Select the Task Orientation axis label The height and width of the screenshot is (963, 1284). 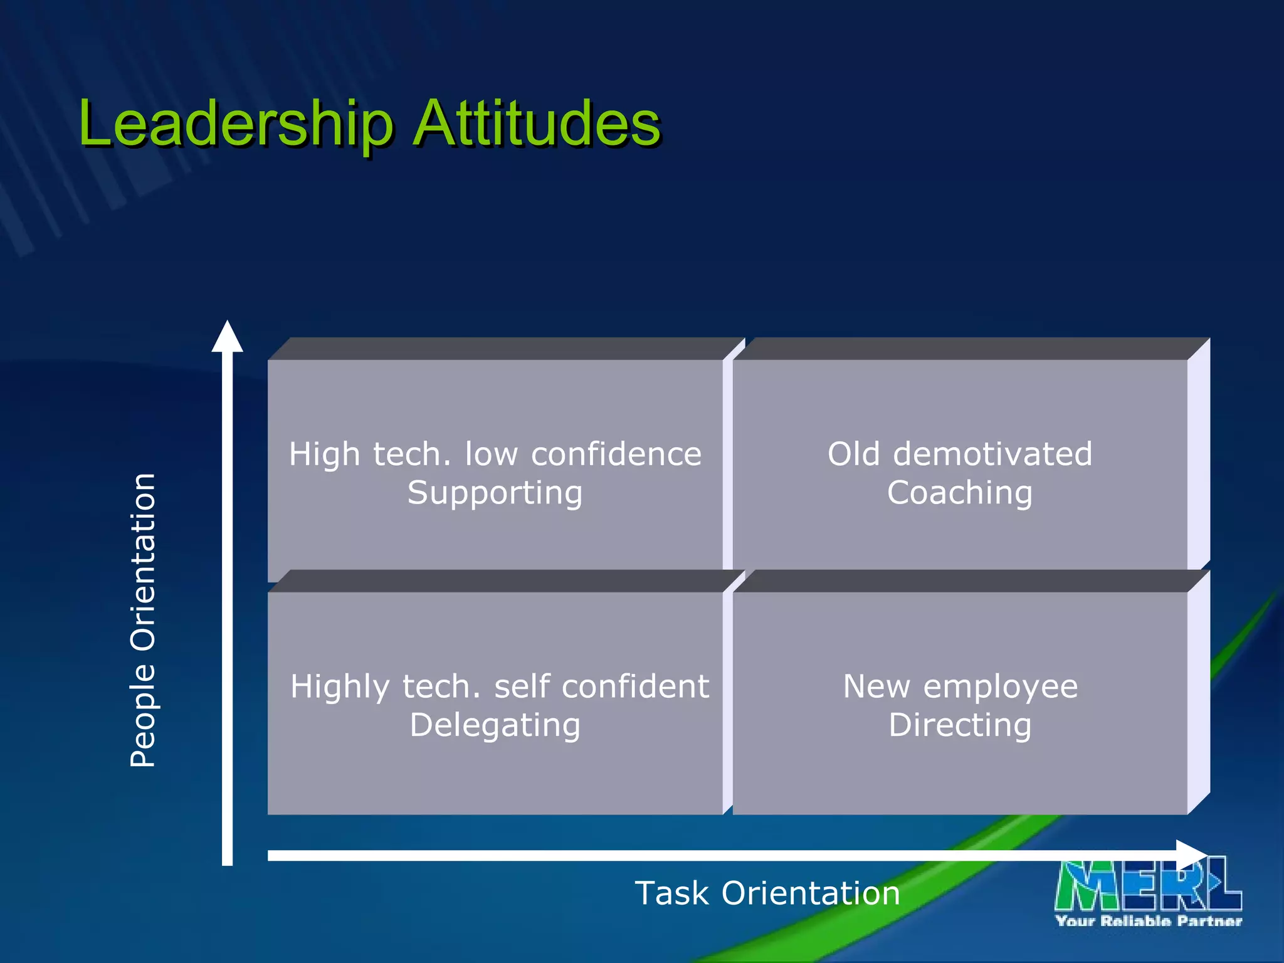tap(767, 893)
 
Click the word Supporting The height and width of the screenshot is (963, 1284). tap(495, 493)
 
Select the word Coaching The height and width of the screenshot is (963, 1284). tap(960, 493)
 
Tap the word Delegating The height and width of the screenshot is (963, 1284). tap(495, 726)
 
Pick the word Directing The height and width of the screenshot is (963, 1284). tap(960, 725)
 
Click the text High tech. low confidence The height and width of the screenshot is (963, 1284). tap(495, 454)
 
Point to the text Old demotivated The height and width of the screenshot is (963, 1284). tap(960, 454)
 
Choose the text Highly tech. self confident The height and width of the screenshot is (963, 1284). tap(500, 687)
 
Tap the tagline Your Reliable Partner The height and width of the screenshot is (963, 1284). tap(1149, 921)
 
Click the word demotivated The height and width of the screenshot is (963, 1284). tap(992, 454)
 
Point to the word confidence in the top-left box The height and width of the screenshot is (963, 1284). tap(616, 454)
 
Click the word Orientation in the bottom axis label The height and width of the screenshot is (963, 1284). tap(811, 893)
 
